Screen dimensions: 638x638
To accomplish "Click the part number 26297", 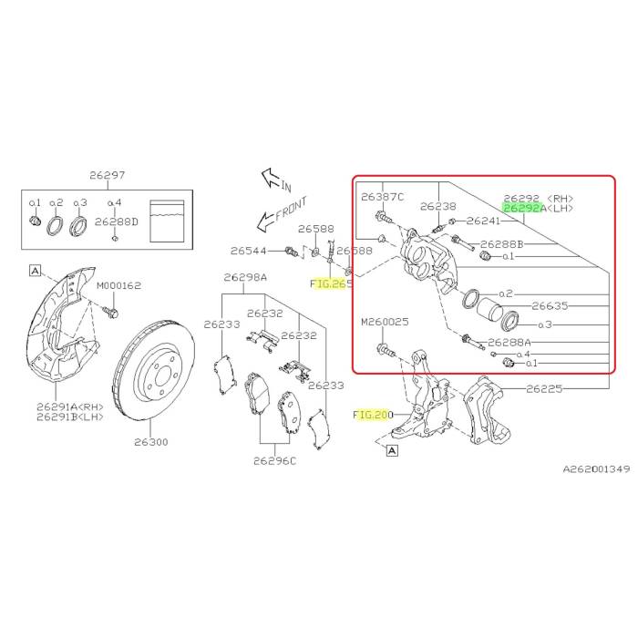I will [x=107, y=176].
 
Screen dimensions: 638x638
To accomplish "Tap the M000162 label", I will [x=119, y=285].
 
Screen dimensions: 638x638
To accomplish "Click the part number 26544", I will [x=248, y=251].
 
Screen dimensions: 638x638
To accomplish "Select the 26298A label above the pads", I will [x=246, y=278].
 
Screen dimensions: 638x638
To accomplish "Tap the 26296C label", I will [x=275, y=460].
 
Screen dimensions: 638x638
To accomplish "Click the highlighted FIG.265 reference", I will [x=330, y=283].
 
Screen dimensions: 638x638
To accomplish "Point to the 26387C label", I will [x=382, y=196].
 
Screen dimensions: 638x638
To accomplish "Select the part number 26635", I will [x=550, y=307].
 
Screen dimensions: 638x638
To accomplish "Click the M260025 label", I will [x=386, y=322].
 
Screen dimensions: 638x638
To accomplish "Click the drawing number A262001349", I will [x=595, y=469].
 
